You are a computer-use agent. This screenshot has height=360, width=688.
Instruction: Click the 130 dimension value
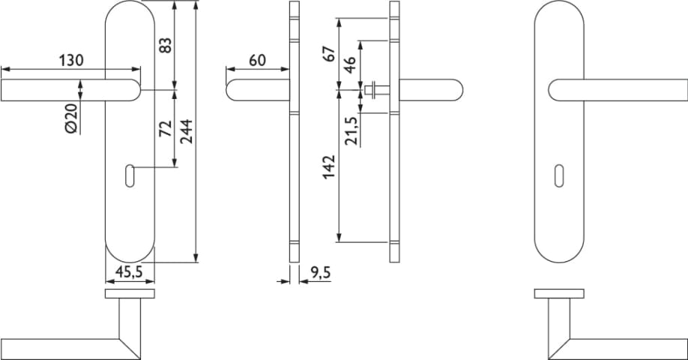click(x=71, y=60)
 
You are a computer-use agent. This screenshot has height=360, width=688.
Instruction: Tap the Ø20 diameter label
click(x=71, y=118)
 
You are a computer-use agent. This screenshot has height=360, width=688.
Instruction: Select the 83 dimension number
click(x=165, y=46)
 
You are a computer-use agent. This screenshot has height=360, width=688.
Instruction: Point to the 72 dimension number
click(x=166, y=129)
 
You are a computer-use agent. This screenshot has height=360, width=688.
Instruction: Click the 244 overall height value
click(x=187, y=131)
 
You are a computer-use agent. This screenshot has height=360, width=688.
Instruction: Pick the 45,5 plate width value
click(x=129, y=272)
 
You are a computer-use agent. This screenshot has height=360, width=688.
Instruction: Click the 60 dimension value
click(x=258, y=60)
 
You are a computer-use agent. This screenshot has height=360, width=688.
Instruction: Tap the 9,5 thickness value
click(x=320, y=273)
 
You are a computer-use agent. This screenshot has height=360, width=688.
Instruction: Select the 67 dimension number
click(x=329, y=53)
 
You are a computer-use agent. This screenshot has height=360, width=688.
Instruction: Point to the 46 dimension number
click(x=349, y=65)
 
